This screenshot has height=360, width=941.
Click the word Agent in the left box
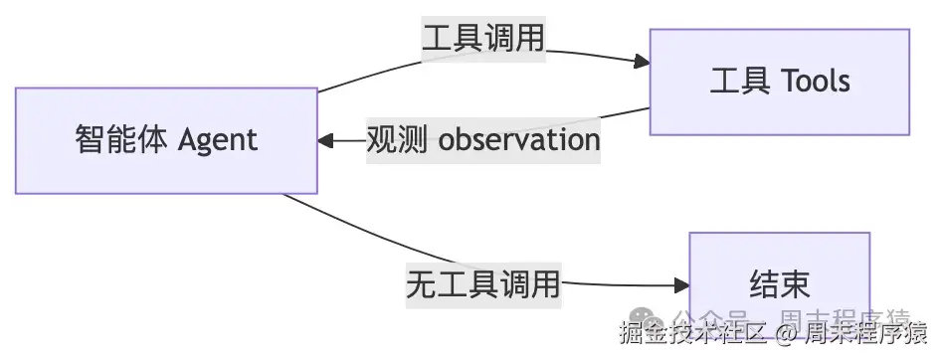(x=218, y=139)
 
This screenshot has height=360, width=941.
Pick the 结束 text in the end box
(x=779, y=285)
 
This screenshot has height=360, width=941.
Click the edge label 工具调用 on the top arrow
(x=483, y=39)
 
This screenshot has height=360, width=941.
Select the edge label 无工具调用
(x=483, y=285)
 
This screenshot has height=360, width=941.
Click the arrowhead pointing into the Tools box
(x=642, y=62)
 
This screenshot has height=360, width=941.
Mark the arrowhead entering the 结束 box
(x=681, y=286)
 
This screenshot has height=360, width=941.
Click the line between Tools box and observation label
(x=627, y=112)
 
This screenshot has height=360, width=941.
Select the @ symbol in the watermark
(x=787, y=332)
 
